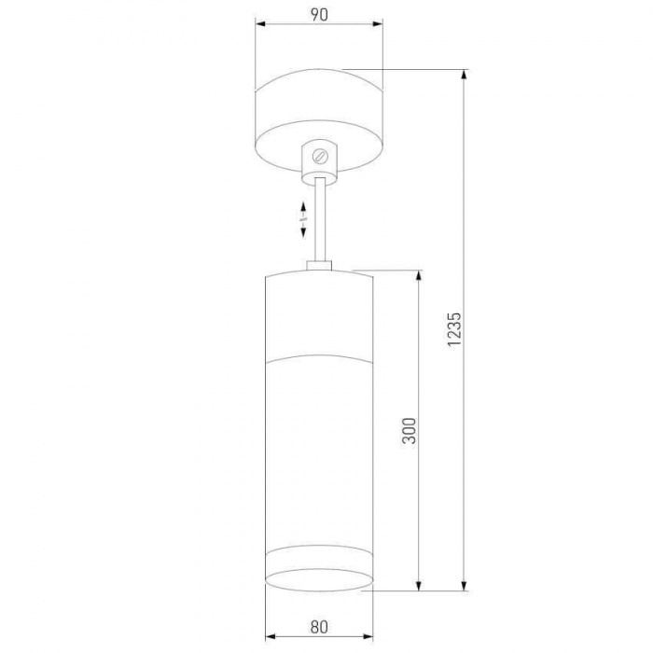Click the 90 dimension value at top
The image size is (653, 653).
(319, 15)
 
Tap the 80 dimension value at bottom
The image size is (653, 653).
(319, 627)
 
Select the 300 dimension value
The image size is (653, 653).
(410, 431)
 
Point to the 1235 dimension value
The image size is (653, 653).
(454, 329)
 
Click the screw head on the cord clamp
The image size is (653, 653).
(321, 157)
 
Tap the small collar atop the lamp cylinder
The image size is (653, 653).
(319, 266)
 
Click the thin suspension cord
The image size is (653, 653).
(320, 219)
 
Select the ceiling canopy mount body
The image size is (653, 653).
(319, 120)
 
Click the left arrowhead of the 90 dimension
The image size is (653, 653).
(260, 23)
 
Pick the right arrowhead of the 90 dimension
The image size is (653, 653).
(377, 23)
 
